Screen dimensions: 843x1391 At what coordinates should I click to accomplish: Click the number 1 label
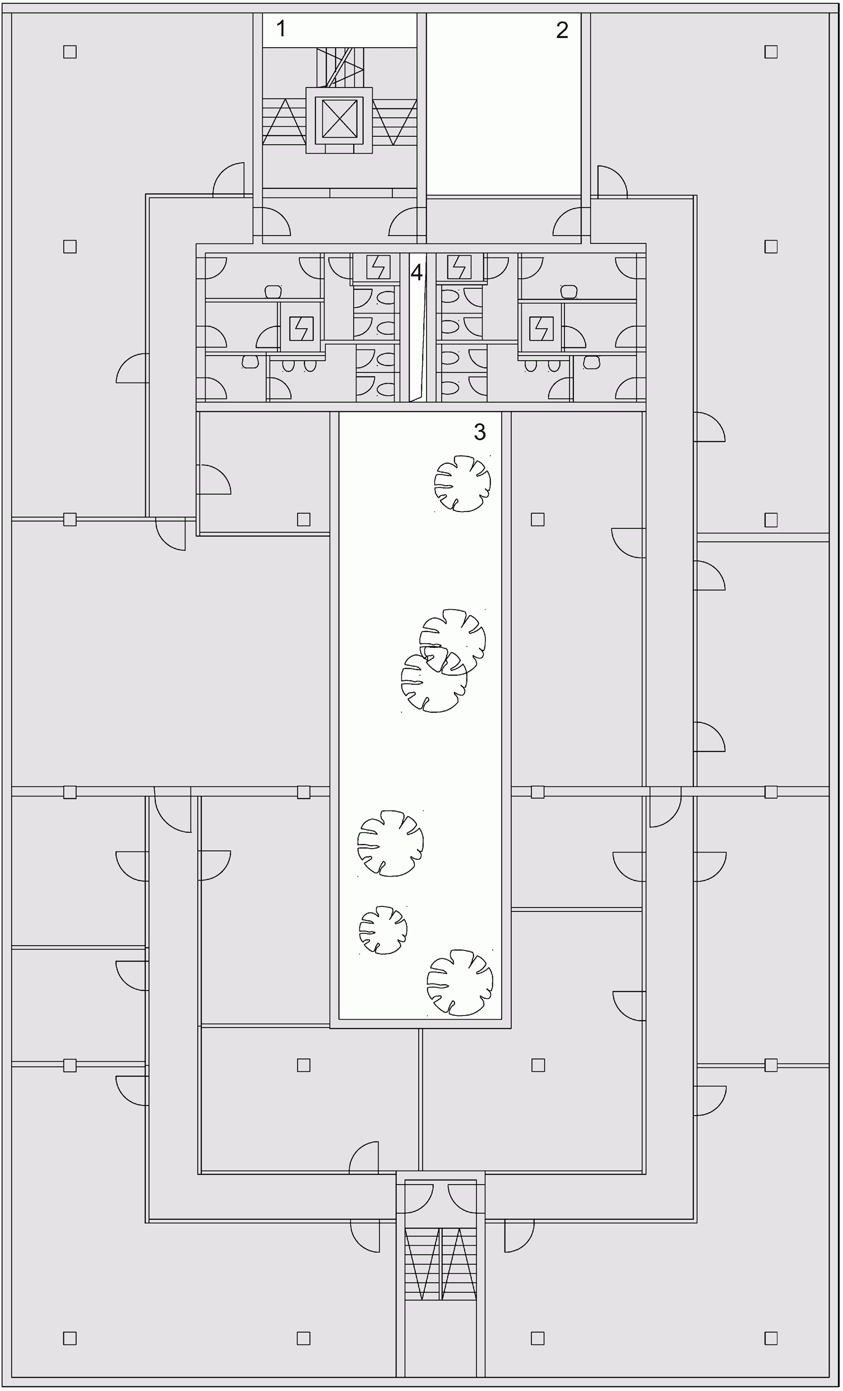[x=281, y=28]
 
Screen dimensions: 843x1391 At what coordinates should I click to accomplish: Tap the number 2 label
[x=562, y=30]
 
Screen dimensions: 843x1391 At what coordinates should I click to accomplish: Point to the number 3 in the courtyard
[x=480, y=432]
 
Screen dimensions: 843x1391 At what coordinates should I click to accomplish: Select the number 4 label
[x=416, y=273]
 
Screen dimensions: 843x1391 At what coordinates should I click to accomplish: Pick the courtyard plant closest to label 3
[x=462, y=484]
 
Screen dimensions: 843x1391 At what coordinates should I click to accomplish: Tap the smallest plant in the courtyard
[x=383, y=930]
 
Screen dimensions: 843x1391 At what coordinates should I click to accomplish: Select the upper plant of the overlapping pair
[x=452, y=642]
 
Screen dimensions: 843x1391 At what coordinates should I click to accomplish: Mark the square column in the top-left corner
[x=70, y=52]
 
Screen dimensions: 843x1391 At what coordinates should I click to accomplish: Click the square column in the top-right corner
[x=771, y=52]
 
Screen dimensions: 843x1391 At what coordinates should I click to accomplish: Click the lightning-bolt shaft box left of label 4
[x=377, y=267]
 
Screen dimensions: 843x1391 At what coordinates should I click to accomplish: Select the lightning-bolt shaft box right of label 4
[x=459, y=267]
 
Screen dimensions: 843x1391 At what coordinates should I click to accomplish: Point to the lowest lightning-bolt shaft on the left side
[x=302, y=329]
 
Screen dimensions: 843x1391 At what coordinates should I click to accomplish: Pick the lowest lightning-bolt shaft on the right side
[x=541, y=329]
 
